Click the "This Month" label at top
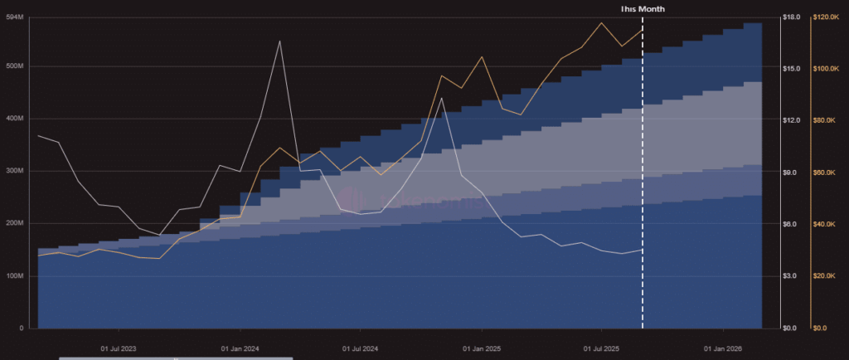tap(643, 8)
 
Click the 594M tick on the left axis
tap(15, 17)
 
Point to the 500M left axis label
tap(15, 66)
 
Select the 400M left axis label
tap(15, 119)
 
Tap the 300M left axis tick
tap(15, 171)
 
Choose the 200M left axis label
tap(15, 223)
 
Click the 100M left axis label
tap(15, 275)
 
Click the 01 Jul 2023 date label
tap(119, 348)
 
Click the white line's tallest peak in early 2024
tap(280, 41)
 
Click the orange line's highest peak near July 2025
tap(601, 23)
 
